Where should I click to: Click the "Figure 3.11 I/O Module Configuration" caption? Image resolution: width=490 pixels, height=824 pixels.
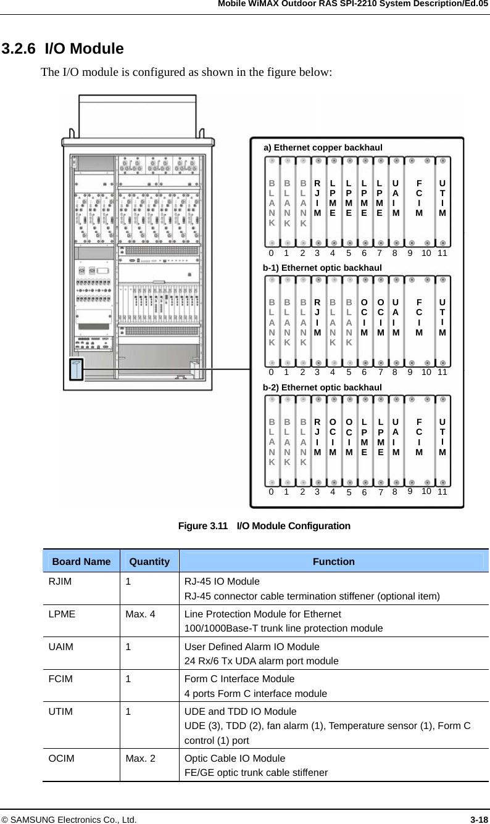pos(264,526)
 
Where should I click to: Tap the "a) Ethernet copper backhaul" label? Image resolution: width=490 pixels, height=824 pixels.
pos(323,147)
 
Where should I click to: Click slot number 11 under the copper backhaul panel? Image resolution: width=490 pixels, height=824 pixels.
pos(442,253)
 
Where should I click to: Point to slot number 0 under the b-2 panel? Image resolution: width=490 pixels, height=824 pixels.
pos(271,492)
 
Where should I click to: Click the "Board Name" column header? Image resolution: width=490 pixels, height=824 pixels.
pos(81,561)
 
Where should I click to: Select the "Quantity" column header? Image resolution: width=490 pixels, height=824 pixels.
pos(149,561)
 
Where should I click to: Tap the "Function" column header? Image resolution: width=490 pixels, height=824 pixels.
pos(333,561)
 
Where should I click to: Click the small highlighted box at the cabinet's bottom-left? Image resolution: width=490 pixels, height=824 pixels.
pos(76,369)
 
